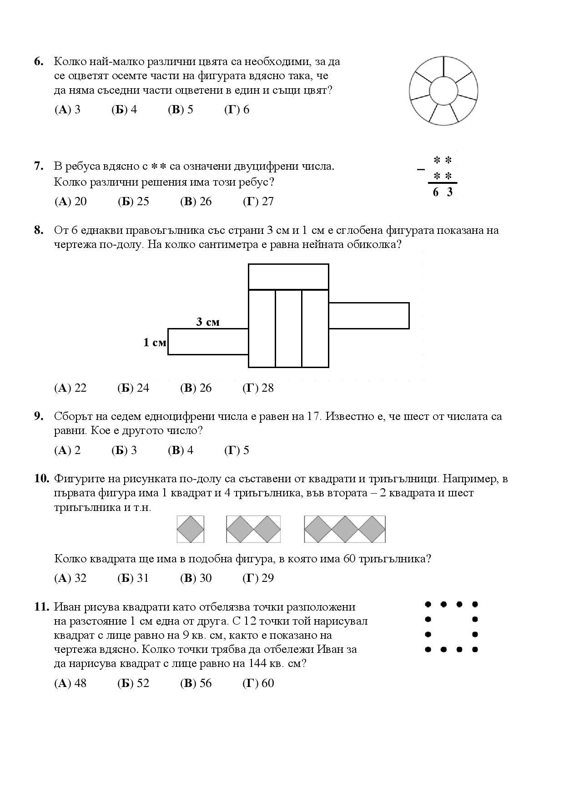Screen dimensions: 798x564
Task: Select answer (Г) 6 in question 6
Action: [x=237, y=110]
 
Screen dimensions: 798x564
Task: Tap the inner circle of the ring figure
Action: [x=443, y=90]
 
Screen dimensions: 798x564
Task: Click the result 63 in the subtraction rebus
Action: [x=443, y=192]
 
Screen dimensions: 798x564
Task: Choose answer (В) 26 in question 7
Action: [x=196, y=202]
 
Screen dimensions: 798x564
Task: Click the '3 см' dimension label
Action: [x=208, y=322]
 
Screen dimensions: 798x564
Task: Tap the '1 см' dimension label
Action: [x=155, y=343]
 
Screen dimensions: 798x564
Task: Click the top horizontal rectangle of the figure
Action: [x=288, y=277]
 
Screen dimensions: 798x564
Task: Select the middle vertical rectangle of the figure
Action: [x=288, y=328]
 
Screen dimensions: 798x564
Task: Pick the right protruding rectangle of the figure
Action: [x=368, y=315]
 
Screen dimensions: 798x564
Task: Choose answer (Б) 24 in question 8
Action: [x=133, y=388]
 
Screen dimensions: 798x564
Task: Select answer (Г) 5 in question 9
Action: [x=237, y=450]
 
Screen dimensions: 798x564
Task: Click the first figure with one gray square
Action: [x=191, y=529]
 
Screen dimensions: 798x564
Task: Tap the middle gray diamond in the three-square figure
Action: [x=345, y=529]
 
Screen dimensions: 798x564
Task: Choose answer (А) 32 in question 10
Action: [x=70, y=578]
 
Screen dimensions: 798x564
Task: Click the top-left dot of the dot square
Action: [x=428, y=604]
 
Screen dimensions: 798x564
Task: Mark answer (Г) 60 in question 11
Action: [x=258, y=683]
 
